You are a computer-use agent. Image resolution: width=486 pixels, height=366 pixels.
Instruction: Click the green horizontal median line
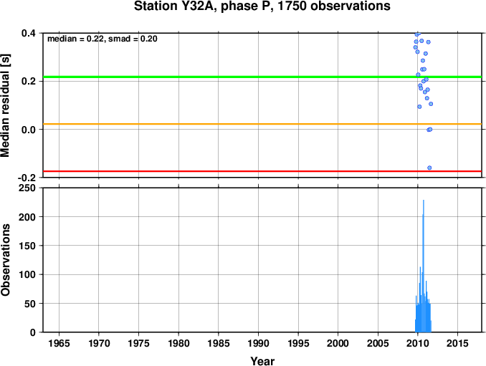point(262,77)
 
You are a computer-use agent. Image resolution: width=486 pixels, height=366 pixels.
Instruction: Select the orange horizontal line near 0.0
point(262,124)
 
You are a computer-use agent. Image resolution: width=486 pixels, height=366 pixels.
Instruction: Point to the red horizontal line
point(262,171)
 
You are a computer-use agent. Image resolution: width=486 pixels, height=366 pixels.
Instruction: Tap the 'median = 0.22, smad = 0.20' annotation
point(103,39)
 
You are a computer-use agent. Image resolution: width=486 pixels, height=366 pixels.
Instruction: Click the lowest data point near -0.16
point(429,168)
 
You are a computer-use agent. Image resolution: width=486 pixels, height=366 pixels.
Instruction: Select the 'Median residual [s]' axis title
point(5,105)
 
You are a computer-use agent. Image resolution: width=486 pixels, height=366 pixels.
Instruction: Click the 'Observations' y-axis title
point(5,260)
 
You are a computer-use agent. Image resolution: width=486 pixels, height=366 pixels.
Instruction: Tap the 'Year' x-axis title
point(262,361)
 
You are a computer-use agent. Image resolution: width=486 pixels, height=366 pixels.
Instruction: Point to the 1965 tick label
point(59,343)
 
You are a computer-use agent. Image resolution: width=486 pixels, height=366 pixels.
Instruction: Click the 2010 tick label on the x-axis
point(417,343)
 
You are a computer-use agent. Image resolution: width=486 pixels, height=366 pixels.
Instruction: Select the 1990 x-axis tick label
point(258,343)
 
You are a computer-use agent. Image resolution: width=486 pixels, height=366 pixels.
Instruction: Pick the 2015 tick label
point(457,343)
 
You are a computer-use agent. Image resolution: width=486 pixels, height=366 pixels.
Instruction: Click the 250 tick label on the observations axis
point(27,188)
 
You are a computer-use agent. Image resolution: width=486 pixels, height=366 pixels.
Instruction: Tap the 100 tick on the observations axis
point(27,274)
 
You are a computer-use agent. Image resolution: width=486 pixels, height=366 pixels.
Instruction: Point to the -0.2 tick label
point(27,178)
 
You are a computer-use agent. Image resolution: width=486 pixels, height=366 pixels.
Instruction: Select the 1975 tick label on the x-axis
point(138,343)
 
